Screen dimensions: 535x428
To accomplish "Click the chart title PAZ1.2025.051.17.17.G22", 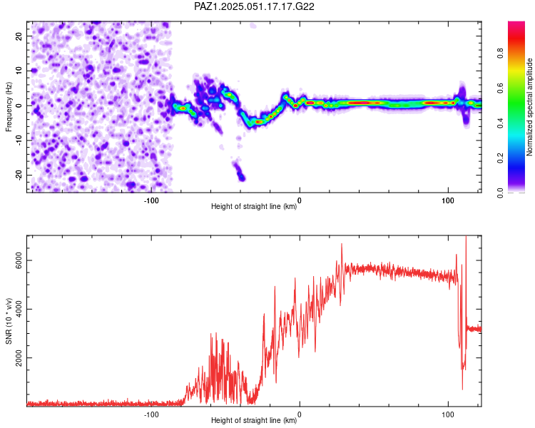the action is pos(254,6).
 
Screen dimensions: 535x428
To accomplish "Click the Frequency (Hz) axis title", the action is pos(9,107).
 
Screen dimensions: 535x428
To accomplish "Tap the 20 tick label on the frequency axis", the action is pos(19,36).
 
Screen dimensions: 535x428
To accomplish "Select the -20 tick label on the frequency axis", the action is pos(19,175).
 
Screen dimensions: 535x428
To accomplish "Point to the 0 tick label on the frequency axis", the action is pos(19,106).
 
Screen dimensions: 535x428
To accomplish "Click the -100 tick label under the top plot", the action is pos(151,200).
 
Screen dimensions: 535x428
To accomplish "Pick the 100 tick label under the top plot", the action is pos(448,200).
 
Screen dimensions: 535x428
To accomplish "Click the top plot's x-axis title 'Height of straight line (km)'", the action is pos(254,206).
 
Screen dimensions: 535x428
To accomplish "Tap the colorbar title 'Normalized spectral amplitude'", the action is pos(529,107).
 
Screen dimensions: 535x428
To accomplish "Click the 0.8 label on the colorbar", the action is pos(500,53).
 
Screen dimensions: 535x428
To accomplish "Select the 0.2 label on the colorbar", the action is pos(500,158).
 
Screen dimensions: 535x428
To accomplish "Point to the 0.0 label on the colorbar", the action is pos(500,193).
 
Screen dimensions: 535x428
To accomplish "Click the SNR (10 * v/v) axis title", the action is pos(9,321).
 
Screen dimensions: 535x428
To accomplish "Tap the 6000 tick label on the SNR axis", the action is pos(19,260).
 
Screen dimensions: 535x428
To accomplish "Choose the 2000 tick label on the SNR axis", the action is pos(19,357).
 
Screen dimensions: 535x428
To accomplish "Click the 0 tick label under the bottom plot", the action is pos(300,414).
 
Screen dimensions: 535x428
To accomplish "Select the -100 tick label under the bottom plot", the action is pos(151,414).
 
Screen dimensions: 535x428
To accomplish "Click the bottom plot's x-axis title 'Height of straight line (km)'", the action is pos(254,420).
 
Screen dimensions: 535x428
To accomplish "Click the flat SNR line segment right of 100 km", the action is pos(474,329).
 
